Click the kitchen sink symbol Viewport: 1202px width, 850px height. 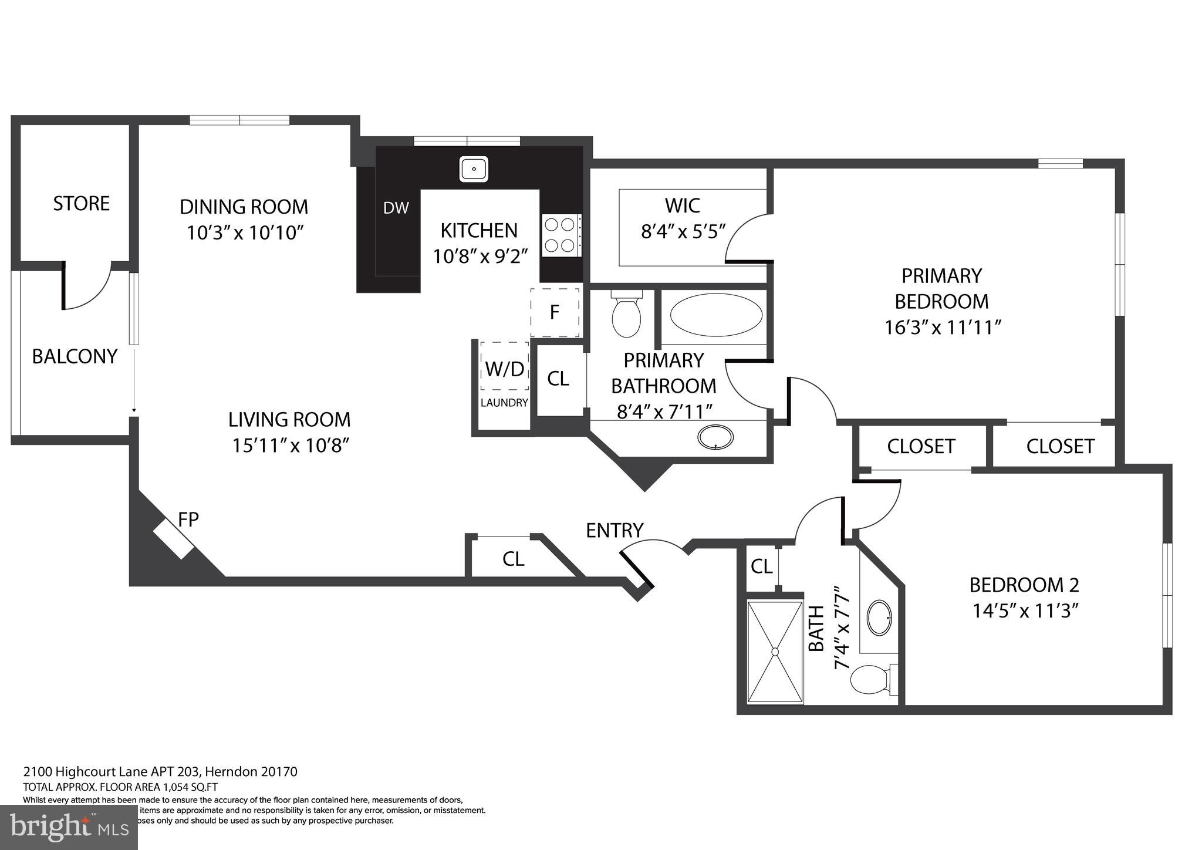(473, 169)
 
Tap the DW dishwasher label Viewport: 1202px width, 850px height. (396, 208)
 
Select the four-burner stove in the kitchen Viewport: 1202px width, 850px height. (561, 235)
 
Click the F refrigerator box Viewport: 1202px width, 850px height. (555, 312)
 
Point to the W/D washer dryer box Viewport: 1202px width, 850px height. (505, 368)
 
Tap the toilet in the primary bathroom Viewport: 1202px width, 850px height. (626, 315)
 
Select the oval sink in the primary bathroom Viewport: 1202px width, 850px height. (715, 437)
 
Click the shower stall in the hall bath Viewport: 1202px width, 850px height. (775, 651)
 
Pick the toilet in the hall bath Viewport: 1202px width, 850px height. (872, 680)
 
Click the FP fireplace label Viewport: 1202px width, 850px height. (188, 519)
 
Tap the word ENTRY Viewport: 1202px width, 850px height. (614, 530)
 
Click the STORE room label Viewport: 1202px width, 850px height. (82, 203)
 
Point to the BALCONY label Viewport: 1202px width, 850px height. (75, 356)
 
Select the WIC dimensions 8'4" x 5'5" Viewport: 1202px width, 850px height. (683, 231)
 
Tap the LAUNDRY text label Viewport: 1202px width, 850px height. (504, 403)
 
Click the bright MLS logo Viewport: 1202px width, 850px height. (69, 827)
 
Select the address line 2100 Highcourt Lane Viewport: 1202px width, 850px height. (160, 771)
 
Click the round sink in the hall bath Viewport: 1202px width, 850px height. (879, 618)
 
